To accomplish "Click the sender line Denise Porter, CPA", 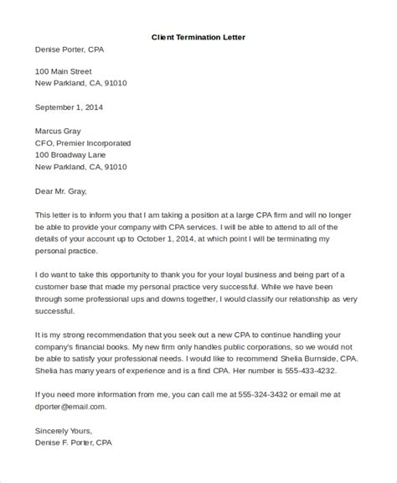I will click(71, 49).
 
